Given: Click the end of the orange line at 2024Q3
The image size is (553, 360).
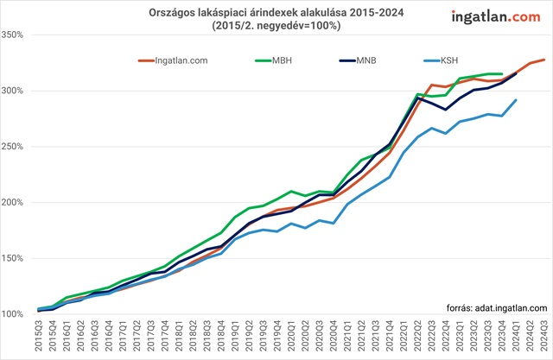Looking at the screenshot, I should click(x=543, y=60).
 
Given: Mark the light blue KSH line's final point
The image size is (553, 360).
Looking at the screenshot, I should click(x=516, y=100).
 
